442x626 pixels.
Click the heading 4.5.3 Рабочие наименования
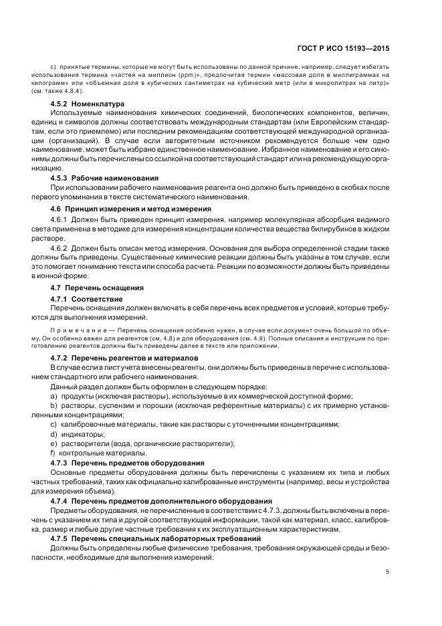pos(104,178)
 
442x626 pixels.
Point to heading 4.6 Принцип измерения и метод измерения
pos(131,209)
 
